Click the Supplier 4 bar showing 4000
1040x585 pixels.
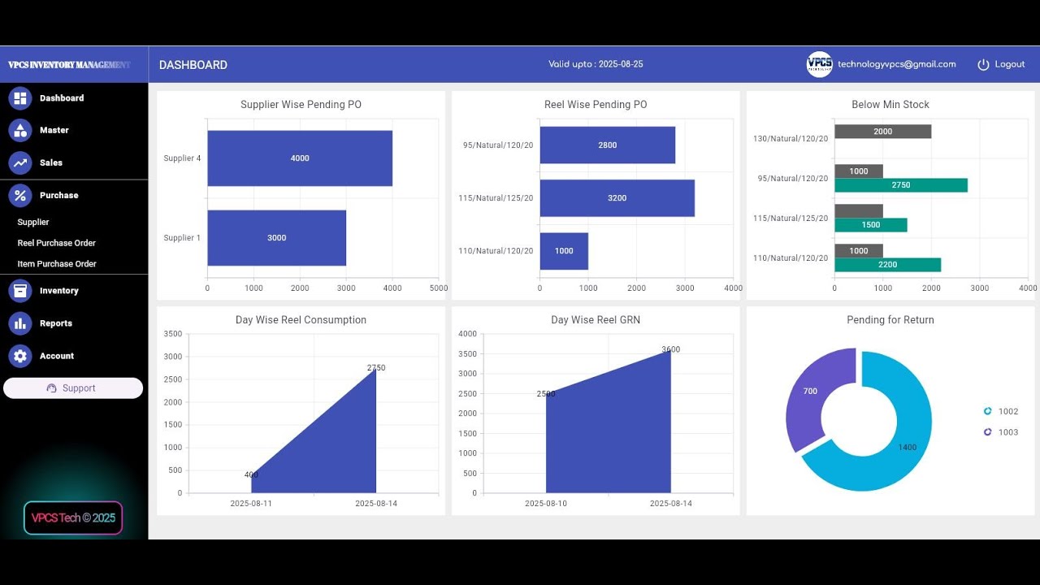[x=300, y=158]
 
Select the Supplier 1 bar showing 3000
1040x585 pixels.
[x=276, y=238]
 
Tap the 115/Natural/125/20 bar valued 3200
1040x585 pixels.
[x=617, y=198]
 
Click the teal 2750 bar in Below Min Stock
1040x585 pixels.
[x=900, y=185]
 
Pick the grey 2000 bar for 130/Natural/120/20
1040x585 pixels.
[x=882, y=132]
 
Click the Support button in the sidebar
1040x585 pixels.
[x=73, y=388]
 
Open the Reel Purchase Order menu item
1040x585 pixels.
[x=57, y=243]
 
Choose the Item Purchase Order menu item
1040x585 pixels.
[x=57, y=264]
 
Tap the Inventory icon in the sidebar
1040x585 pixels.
[x=20, y=291]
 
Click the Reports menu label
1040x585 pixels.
[x=56, y=323]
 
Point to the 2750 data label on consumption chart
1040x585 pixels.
[x=376, y=368]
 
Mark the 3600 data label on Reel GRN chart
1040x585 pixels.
[x=670, y=349]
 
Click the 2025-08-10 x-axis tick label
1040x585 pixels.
[x=546, y=504]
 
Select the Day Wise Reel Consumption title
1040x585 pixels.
[x=301, y=320]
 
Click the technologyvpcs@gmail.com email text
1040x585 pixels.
[x=896, y=64]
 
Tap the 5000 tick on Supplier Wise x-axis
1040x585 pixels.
[x=439, y=288]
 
